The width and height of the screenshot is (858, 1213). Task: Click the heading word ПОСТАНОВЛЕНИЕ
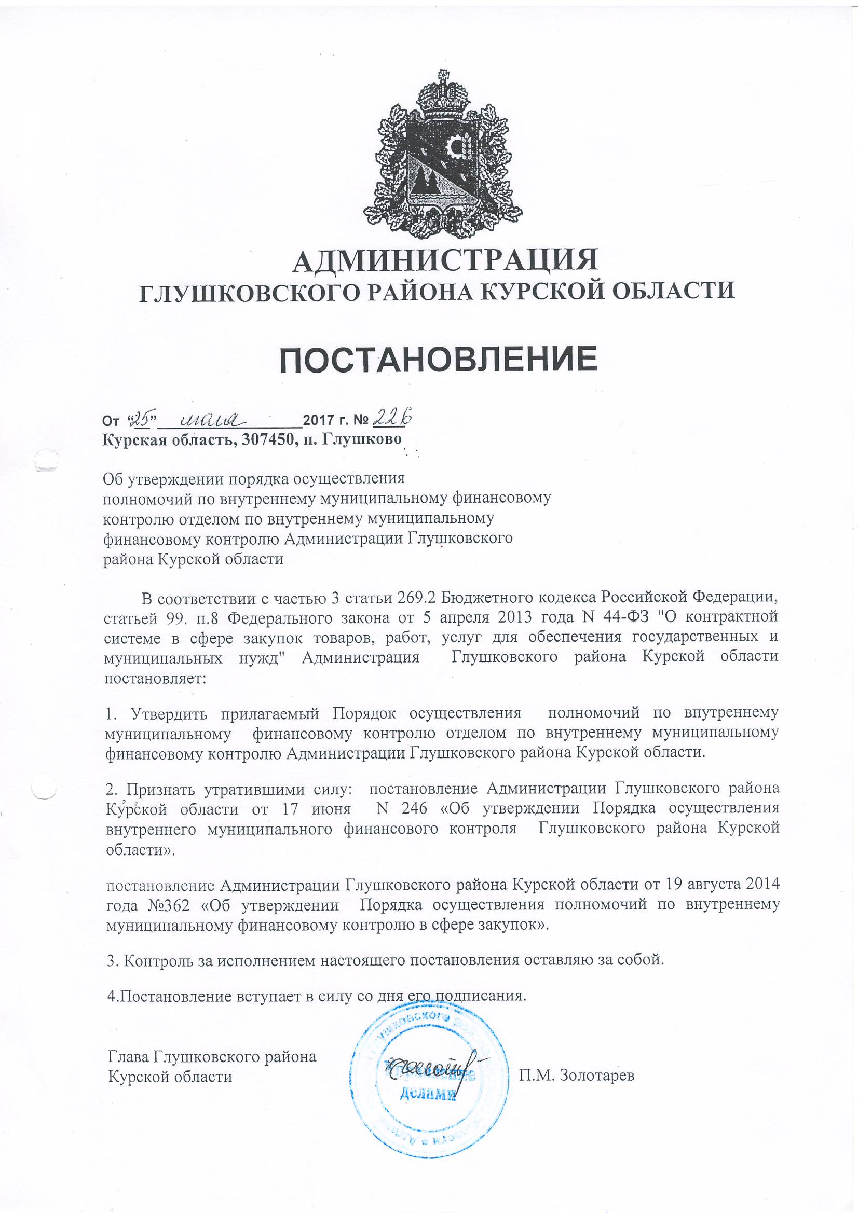[438, 359]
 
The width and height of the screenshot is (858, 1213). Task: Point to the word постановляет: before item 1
[155, 677]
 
